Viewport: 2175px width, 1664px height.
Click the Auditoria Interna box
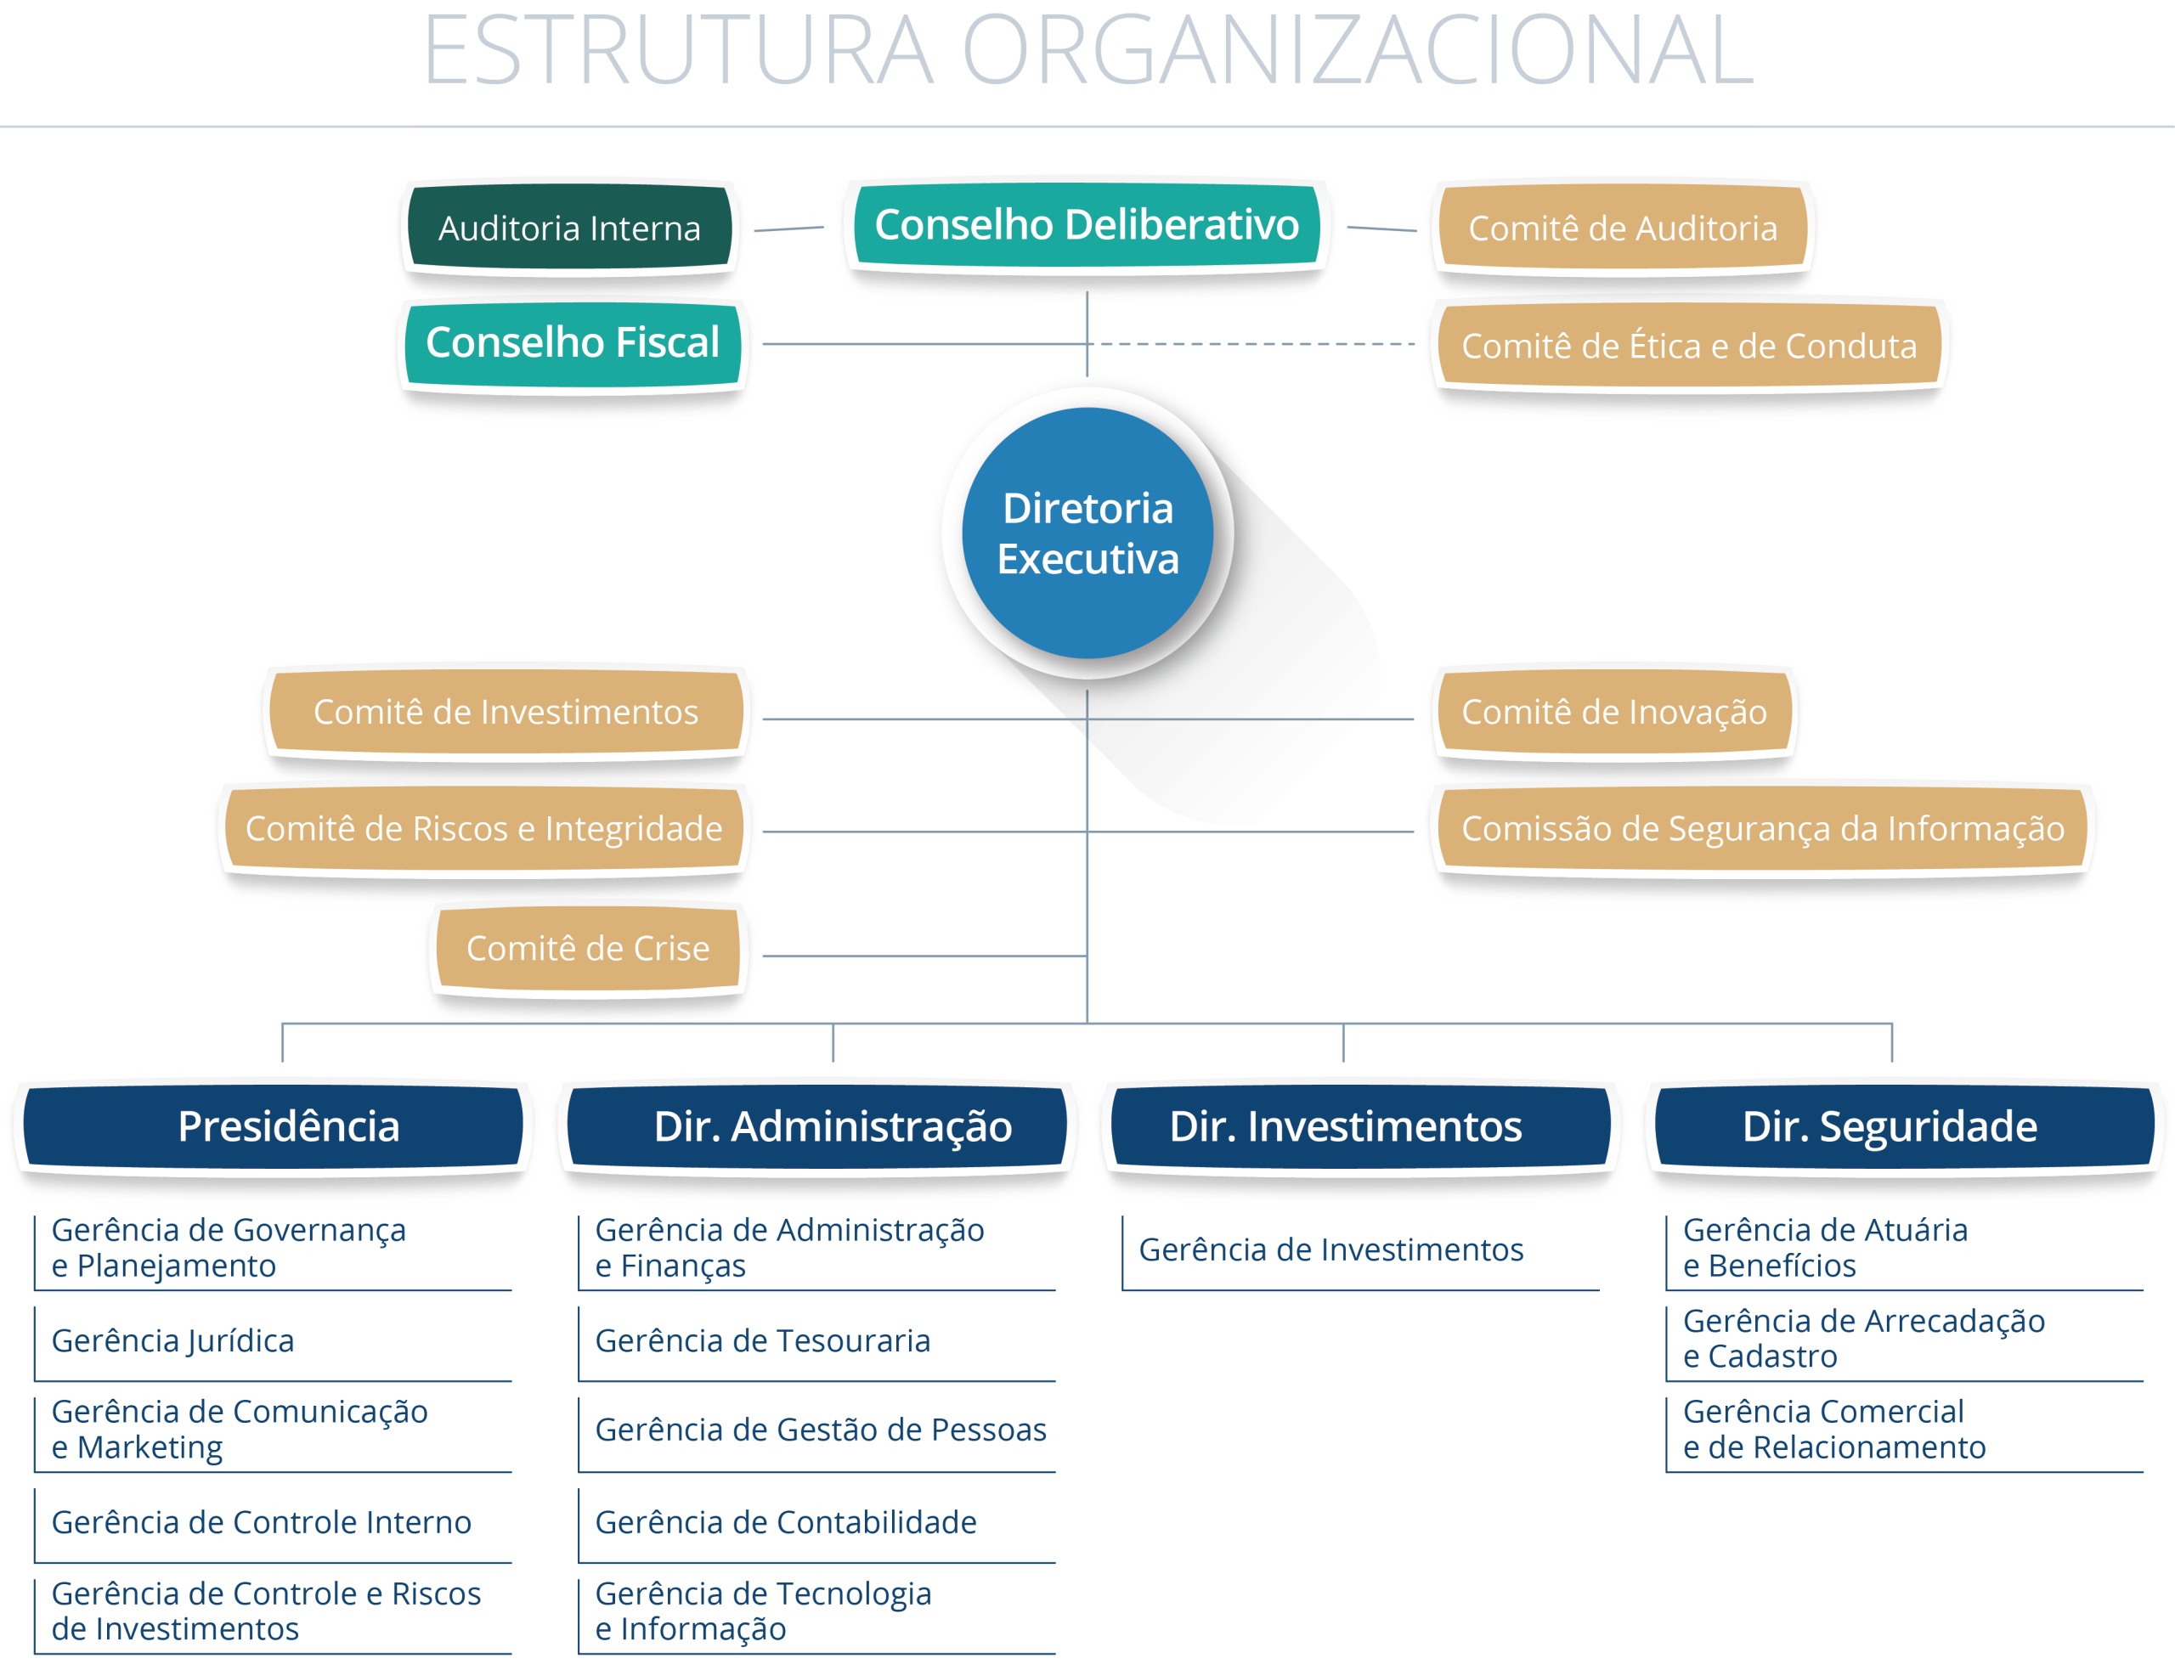[x=569, y=228]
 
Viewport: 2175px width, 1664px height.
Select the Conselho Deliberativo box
[x=1087, y=225]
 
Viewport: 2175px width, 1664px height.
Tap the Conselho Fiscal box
[x=573, y=342]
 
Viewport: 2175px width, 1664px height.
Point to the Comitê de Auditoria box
[x=1623, y=228]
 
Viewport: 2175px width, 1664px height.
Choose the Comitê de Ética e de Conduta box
[x=1689, y=346]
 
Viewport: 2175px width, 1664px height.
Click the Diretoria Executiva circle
[x=1087, y=533]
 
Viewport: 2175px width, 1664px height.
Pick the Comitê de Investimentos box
[x=506, y=711]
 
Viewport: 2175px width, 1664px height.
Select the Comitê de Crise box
[x=588, y=948]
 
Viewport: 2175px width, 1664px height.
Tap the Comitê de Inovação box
[x=1614, y=711]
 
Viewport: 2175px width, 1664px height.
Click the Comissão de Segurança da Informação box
[x=1763, y=828]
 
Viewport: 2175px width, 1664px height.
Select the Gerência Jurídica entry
[x=173, y=1341]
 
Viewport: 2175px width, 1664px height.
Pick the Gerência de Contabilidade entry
[x=785, y=1522]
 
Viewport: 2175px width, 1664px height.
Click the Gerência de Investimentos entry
[x=1331, y=1250]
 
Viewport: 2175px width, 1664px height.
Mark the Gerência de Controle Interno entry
[x=262, y=1522]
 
